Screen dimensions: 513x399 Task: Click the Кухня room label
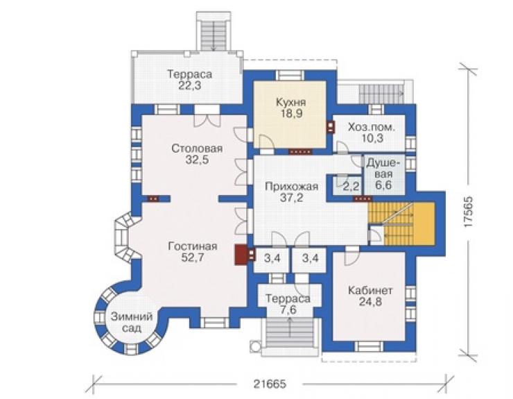(291, 102)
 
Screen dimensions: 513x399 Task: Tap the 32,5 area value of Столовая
(197, 160)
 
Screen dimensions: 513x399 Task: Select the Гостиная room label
(193, 246)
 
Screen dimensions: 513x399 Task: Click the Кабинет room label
(370, 290)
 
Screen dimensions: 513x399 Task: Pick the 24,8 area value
(370, 302)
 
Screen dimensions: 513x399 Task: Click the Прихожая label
(291, 187)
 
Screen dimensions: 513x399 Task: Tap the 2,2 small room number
(351, 187)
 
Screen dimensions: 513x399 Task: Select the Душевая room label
(383, 168)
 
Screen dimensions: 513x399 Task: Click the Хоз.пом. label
(372, 127)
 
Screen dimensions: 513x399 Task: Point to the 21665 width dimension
(270, 384)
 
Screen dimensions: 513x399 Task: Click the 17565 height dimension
(468, 212)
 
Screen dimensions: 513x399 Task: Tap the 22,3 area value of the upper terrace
(190, 86)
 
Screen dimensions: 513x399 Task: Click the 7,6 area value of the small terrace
(288, 310)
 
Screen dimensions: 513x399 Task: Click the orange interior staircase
(402, 224)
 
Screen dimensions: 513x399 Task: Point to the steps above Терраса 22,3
(214, 35)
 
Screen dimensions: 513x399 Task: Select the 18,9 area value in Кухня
(291, 114)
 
